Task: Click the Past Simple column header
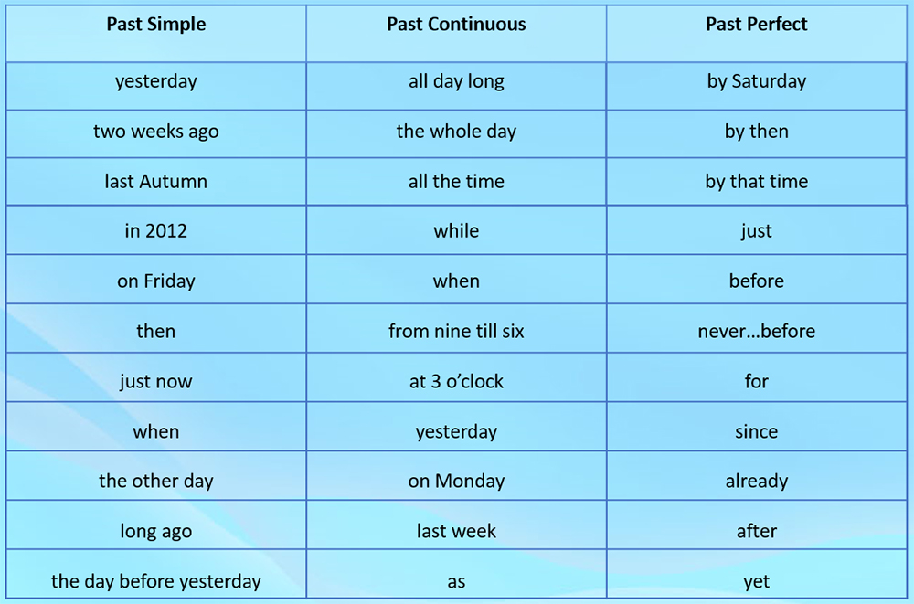156,25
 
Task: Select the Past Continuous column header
456,25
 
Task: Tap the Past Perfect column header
757,25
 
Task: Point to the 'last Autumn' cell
156,181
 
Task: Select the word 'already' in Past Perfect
757,481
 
